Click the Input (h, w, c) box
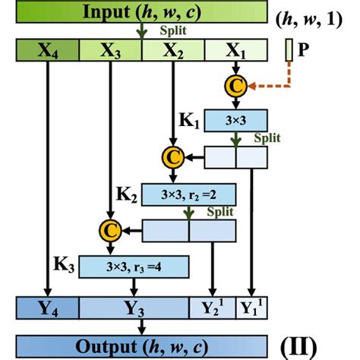pos(142,12)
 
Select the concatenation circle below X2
pos(173,157)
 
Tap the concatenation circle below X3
pos(111,229)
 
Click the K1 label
pos(189,119)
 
